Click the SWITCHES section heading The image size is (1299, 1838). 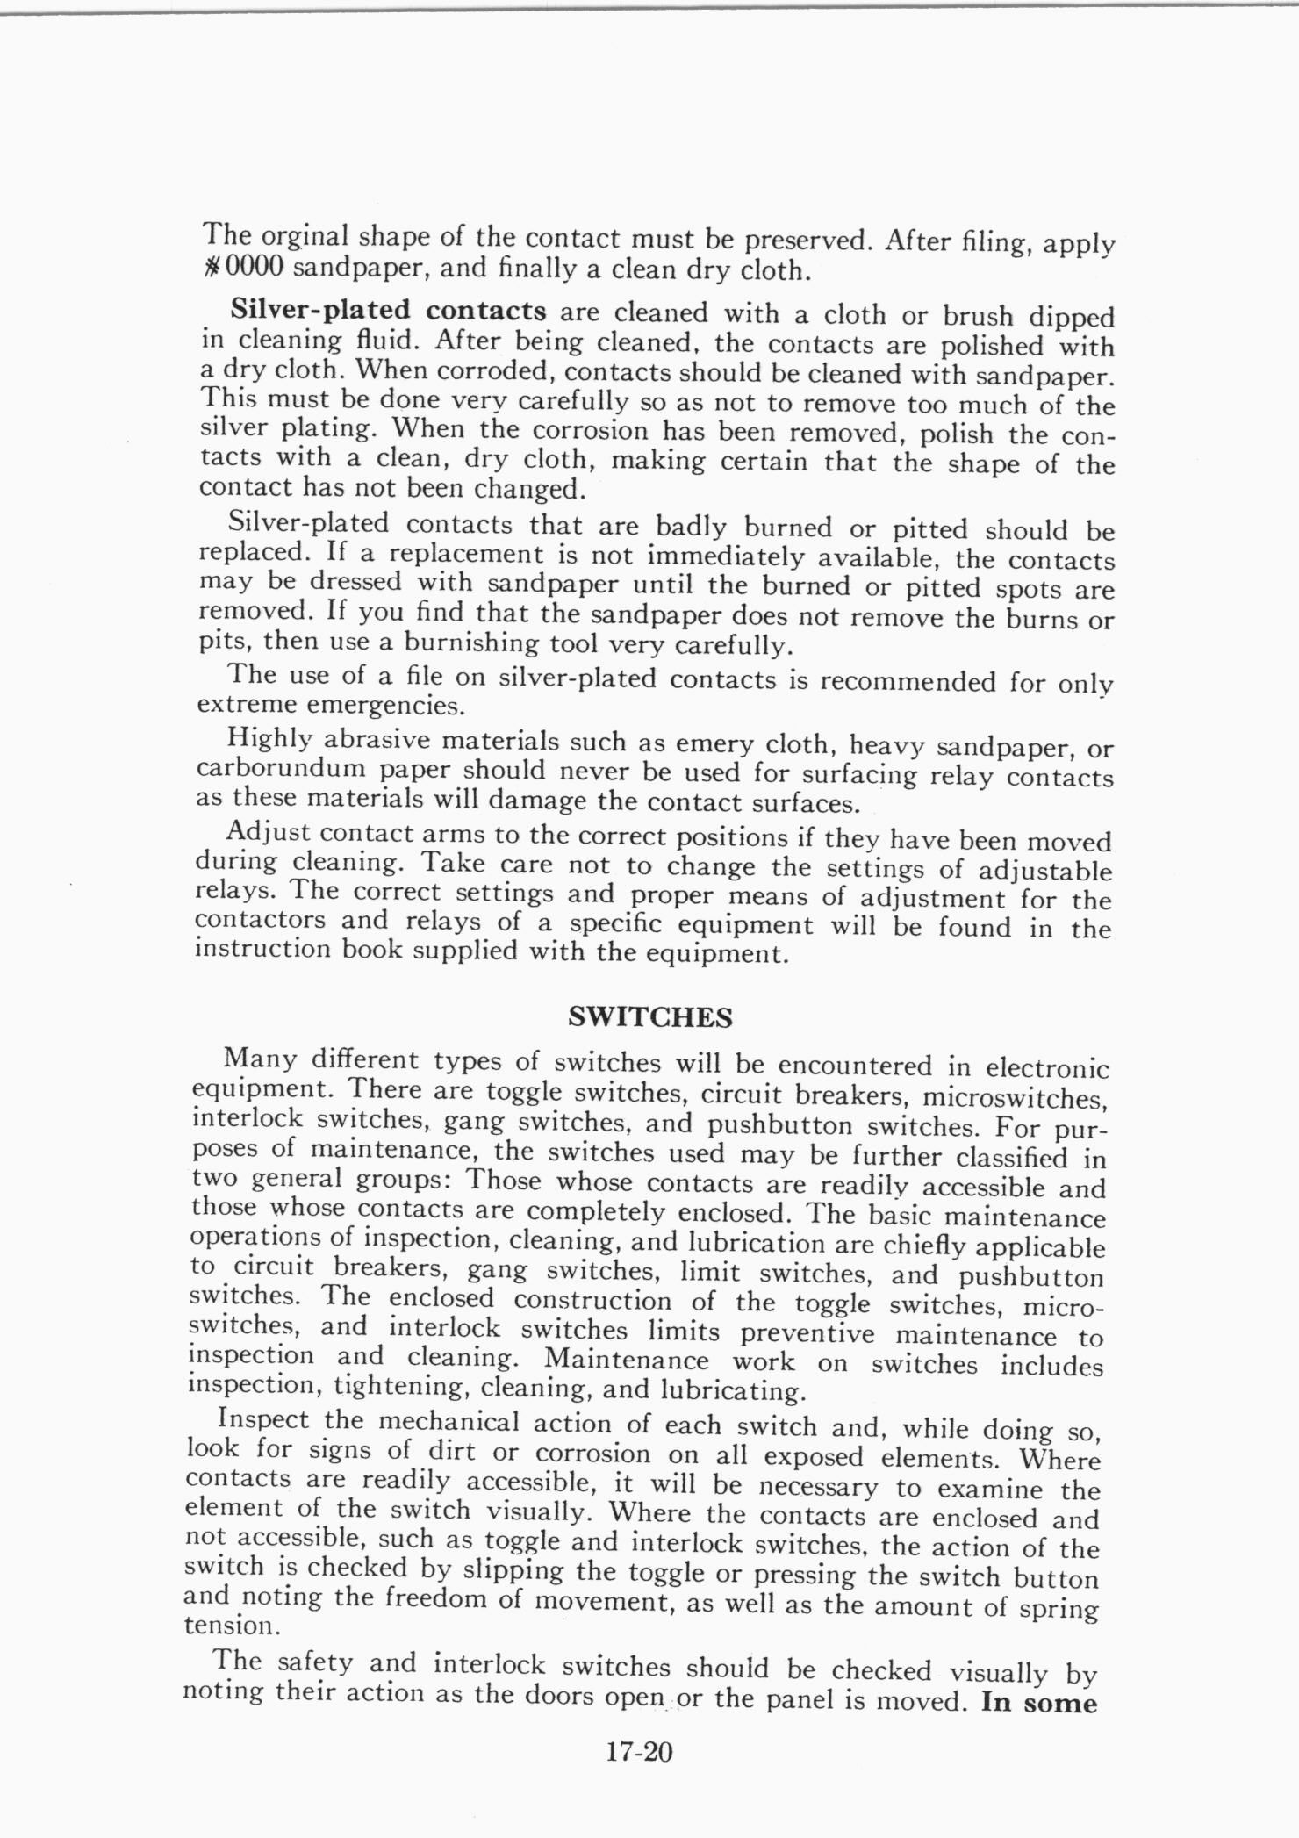pyautogui.click(x=649, y=1017)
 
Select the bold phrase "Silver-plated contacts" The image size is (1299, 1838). pyautogui.click(x=388, y=311)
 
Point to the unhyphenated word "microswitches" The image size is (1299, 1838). pyautogui.click(x=1014, y=1097)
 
